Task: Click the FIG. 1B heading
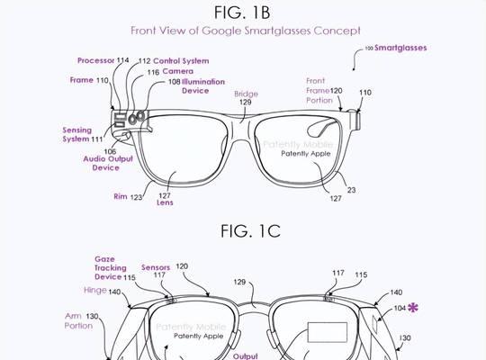[242, 13]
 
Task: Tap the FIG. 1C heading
[250, 231]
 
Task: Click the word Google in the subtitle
[221, 31]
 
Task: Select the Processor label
[95, 60]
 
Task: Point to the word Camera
[178, 71]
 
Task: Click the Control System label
[181, 61]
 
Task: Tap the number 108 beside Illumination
[175, 82]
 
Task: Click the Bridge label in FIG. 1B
[246, 94]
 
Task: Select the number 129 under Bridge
[245, 102]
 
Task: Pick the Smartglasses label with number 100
[400, 48]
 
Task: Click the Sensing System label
[77, 135]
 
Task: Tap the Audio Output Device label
[108, 164]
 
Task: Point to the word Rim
[121, 196]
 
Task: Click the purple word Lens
[165, 202]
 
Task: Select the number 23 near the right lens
[351, 190]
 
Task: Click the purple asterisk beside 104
[413, 308]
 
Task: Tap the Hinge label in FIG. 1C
[95, 291]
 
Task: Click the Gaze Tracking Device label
[111, 268]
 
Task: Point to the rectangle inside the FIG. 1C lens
[327, 332]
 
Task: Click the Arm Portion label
[78, 321]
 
